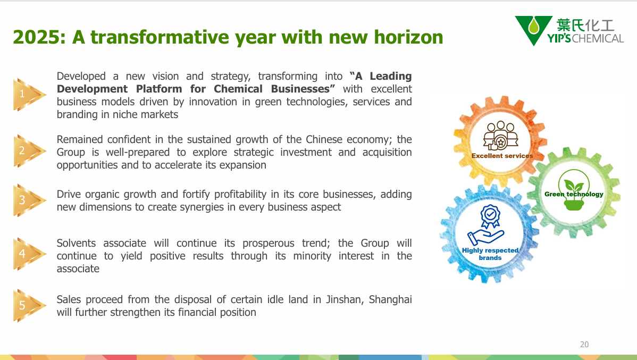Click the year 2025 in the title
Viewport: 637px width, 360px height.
click(36, 37)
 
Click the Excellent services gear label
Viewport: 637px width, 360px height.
click(502, 156)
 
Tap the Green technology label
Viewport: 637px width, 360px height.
click(574, 194)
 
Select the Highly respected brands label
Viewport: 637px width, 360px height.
click(490, 254)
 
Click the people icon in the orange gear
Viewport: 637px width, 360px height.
click(500, 135)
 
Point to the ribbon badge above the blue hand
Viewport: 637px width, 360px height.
click(490, 216)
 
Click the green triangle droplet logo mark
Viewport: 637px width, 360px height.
click(533, 30)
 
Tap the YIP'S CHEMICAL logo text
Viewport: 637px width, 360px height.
click(585, 39)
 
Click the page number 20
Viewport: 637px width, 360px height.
click(584, 345)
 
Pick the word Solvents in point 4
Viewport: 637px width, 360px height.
click(77, 244)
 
